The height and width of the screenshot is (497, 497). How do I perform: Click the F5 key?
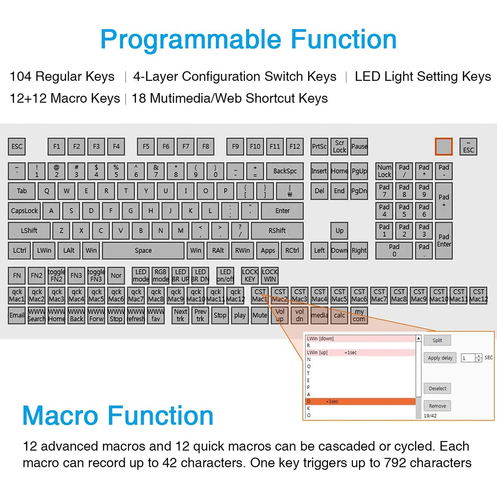146,146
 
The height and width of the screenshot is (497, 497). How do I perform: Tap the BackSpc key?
285,171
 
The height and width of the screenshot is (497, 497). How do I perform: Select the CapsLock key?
24,211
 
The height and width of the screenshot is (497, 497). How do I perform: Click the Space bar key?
143,250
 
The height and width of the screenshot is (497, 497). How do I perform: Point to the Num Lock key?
384,171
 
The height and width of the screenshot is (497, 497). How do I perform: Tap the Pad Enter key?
444,240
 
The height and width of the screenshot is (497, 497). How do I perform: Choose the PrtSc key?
319,146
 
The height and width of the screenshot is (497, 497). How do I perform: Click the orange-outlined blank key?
444,146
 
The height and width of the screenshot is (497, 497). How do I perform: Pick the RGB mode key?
160,276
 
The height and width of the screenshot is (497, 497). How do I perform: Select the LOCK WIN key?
270,276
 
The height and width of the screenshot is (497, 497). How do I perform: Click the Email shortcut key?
17,315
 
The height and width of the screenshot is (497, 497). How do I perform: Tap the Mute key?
260,315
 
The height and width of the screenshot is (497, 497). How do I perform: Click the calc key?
339,315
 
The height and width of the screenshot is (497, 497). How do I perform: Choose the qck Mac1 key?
17,295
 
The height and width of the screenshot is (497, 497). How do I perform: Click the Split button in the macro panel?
437,341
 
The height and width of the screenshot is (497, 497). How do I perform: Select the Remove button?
437,406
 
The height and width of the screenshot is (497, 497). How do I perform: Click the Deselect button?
437,389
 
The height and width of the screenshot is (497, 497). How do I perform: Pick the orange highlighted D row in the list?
361,401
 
